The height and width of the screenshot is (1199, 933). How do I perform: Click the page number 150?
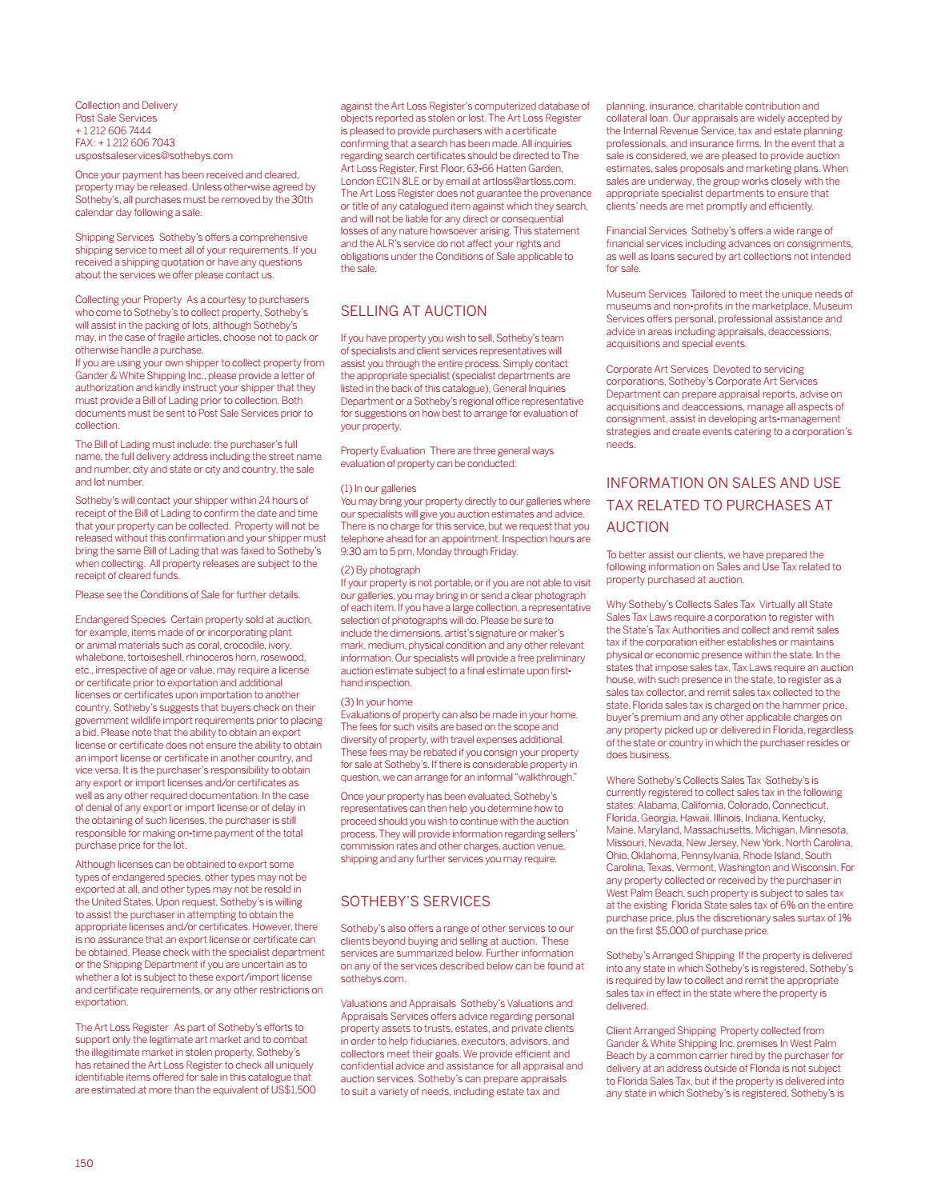[84, 1163]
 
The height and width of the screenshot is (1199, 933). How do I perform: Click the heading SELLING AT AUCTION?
[413, 311]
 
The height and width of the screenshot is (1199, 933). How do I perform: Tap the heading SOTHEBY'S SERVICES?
[414, 901]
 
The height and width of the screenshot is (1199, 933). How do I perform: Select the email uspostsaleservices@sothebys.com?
[154, 155]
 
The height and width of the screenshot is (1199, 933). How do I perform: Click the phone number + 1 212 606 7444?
[113, 130]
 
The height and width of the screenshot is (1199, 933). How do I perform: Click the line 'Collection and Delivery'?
[126, 105]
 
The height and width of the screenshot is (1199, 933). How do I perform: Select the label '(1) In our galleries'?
[378, 488]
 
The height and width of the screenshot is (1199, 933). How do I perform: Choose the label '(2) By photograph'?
[380, 570]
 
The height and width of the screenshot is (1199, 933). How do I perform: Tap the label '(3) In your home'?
[376, 701]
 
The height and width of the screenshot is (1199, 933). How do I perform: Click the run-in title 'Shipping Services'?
[114, 237]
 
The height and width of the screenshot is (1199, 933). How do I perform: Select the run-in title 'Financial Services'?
[646, 231]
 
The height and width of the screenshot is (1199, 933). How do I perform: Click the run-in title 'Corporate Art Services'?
[657, 369]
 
